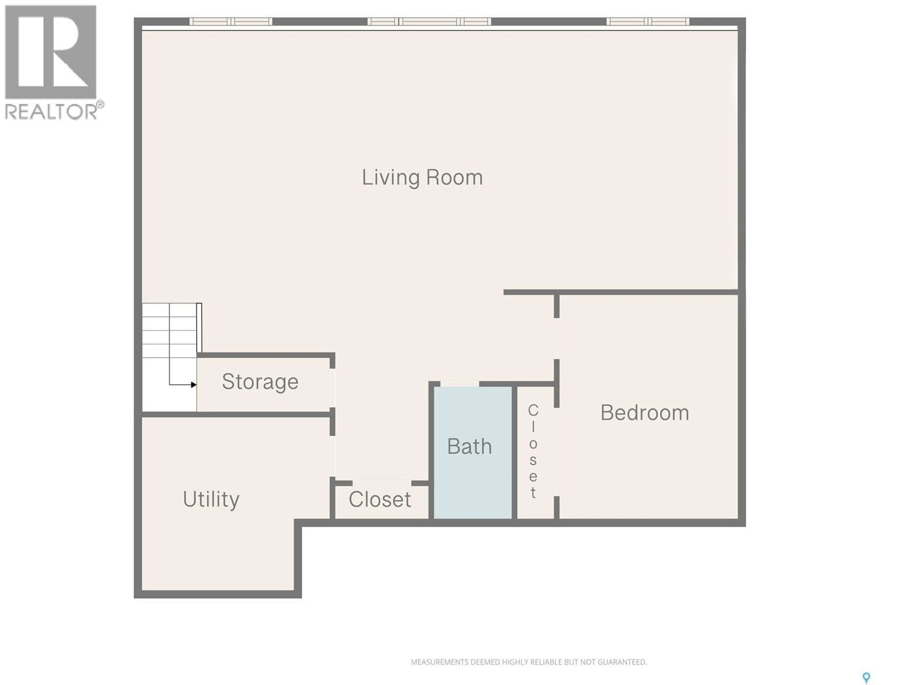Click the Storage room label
point(260,382)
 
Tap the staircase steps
point(169,330)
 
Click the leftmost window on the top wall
point(231,21)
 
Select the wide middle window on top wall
point(429,21)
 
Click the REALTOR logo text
point(52,112)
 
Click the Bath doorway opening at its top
point(459,384)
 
